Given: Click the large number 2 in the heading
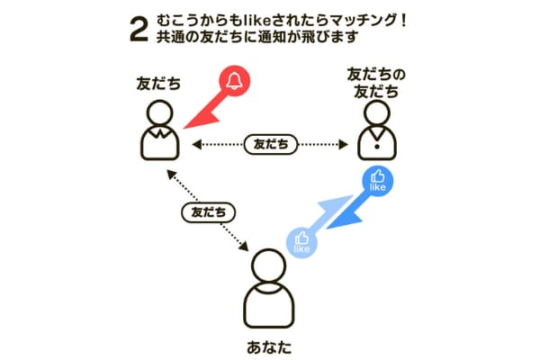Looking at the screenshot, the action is tap(139, 30).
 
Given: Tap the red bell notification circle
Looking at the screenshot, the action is tap(235, 81).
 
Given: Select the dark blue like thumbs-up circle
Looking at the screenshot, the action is tap(377, 181).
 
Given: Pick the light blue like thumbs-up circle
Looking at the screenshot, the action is tap(301, 242).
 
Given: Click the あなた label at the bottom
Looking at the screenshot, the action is tap(269, 347).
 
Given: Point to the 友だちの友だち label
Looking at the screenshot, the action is tap(376, 83).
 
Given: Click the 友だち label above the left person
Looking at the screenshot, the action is tap(158, 84).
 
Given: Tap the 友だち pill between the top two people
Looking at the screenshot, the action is tap(271, 144).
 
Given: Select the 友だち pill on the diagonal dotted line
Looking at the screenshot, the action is tap(209, 212).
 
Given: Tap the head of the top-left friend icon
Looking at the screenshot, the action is tap(159, 112).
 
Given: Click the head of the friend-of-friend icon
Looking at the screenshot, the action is tap(377, 112).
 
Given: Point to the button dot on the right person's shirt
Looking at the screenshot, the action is tap(377, 147).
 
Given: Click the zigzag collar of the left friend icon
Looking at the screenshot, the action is tap(159, 132).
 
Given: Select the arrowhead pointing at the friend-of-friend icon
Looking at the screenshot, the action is tap(344, 144).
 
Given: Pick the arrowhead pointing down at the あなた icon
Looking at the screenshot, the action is tap(244, 246).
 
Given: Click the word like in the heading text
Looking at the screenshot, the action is tap(256, 21).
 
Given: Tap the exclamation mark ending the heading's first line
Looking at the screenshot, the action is tap(403, 21).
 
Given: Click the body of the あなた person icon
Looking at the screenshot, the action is tap(269, 306).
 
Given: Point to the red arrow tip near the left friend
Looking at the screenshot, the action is tap(184, 128).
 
